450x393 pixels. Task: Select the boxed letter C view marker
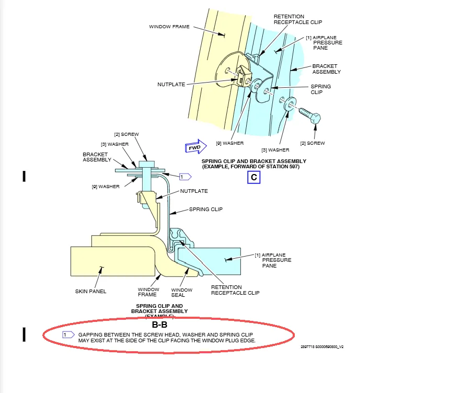[253, 177]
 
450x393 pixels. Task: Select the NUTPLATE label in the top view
[171, 84]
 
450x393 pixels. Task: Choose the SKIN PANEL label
[90, 291]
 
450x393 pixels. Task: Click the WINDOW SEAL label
[182, 293]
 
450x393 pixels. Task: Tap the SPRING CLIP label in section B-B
[206, 209]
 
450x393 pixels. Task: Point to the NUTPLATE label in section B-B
[194, 191]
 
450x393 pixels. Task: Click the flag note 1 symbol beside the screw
[184, 177]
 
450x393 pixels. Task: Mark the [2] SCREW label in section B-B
[126, 134]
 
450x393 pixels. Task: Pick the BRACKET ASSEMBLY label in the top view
[327, 69]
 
